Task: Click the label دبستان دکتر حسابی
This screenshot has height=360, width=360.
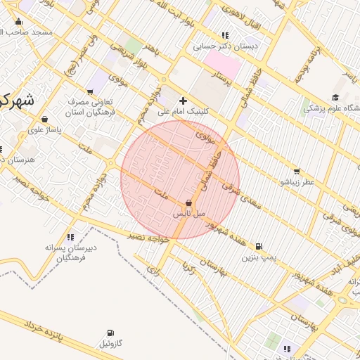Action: (x=226, y=46)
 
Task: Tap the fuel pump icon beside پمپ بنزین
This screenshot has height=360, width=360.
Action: (x=259, y=247)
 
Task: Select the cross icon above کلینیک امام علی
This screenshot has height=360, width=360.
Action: (x=184, y=101)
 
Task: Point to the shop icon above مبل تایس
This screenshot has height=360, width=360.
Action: (x=188, y=202)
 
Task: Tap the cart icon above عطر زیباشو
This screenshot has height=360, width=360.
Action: (x=297, y=171)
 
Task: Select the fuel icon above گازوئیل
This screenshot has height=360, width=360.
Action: (x=110, y=333)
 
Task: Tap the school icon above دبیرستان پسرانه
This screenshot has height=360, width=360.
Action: (x=70, y=237)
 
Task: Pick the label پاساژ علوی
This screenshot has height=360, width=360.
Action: (x=46, y=129)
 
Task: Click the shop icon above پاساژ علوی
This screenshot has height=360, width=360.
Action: (x=46, y=119)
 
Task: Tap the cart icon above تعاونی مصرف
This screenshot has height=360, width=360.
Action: (x=90, y=92)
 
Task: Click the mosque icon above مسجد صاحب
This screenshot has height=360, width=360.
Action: (x=19, y=21)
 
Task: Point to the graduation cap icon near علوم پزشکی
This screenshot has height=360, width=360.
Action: (x=335, y=97)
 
